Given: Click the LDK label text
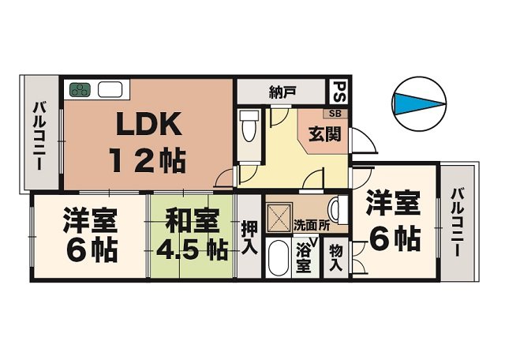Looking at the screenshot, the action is click(148, 123).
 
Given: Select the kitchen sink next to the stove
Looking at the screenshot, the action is click(110, 89).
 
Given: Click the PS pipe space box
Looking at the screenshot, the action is click(339, 92).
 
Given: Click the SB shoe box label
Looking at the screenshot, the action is click(335, 114).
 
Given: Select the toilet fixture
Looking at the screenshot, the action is click(249, 126).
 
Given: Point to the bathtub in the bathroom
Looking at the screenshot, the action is click(278, 258).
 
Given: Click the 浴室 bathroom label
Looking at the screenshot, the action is click(304, 258).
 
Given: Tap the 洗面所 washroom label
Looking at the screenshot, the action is click(312, 226).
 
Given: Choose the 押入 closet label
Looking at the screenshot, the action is click(249, 238).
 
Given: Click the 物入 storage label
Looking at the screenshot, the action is click(336, 257).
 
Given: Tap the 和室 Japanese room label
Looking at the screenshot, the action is click(193, 221).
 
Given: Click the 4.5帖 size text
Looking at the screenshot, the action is click(193, 249).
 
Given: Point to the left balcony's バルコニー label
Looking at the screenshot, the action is click(39, 135).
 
